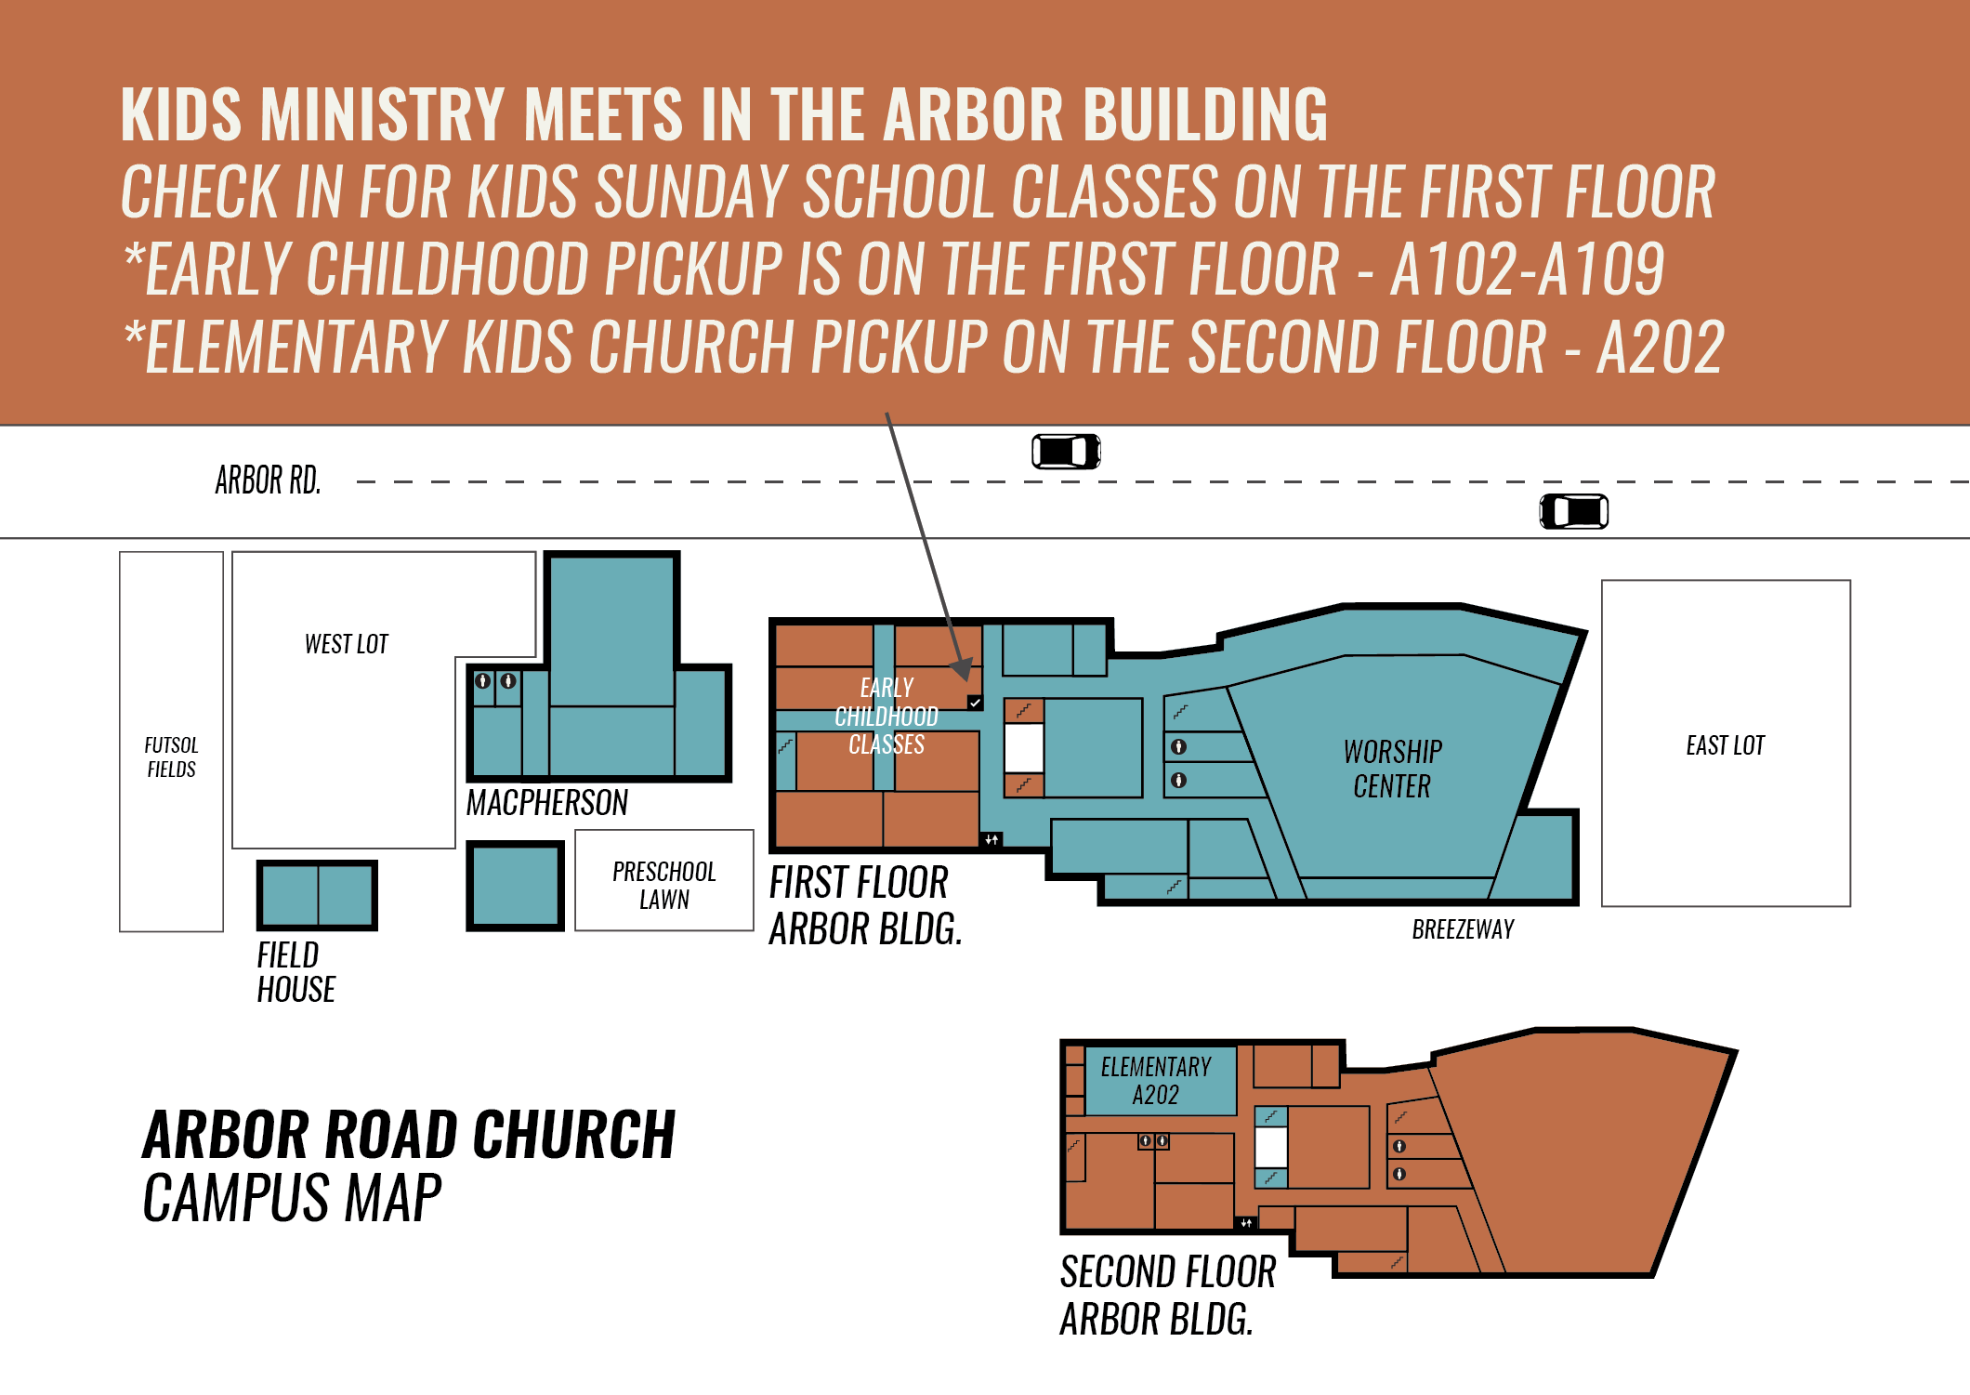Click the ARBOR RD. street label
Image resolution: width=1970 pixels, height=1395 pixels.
[x=268, y=480]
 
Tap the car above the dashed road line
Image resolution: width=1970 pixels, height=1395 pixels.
[x=1066, y=452]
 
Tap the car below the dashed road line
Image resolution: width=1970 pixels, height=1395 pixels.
[x=1573, y=511]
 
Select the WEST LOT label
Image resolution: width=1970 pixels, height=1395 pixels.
[x=346, y=644]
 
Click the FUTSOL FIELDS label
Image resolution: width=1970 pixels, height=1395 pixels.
[x=171, y=757]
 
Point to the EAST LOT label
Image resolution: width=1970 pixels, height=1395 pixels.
[x=1725, y=745]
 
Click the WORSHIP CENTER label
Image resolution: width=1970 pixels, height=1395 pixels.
[x=1392, y=769]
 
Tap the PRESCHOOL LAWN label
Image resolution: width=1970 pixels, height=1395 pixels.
[x=663, y=885]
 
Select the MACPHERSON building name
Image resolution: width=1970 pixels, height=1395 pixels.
[x=546, y=803]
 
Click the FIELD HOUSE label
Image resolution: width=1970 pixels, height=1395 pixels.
[x=295, y=972]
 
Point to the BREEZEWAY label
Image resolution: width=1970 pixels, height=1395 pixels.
[x=1463, y=929]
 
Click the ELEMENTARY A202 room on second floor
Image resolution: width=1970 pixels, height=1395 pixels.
[x=1156, y=1080]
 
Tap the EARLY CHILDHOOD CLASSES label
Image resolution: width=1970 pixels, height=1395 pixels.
[x=886, y=716]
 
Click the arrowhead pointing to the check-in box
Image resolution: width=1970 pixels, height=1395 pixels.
[x=963, y=669]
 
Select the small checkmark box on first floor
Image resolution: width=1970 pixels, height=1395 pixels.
[x=975, y=703]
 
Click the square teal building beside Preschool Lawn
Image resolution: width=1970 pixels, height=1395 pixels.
[x=515, y=886]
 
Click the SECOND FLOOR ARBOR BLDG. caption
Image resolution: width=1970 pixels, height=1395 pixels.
[x=1167, y=1295]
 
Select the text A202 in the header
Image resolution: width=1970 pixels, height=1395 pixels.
[x=1660, y=347]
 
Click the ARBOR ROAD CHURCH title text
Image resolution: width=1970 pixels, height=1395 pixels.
[x=409, y=1135]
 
